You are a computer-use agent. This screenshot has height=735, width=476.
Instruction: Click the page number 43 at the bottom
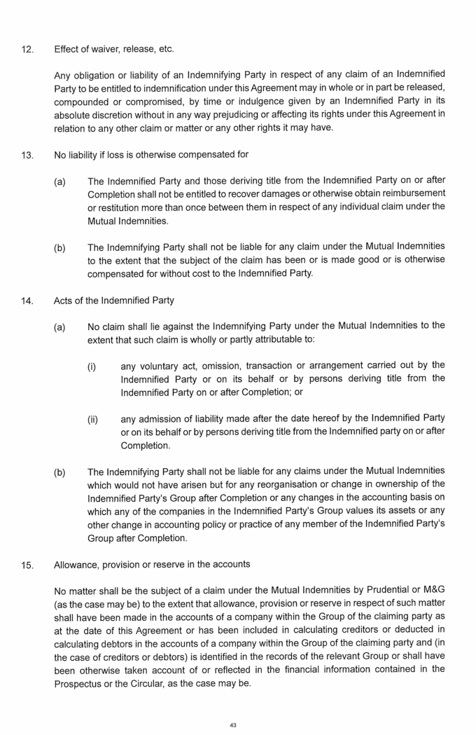pyautogui.click(x=233, y=725)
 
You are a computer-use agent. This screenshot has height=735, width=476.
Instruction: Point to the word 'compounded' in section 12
pyautogui.click(x=80, y=101)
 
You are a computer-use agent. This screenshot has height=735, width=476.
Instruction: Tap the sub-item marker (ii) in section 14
pyautogui.click(x=92, y=420)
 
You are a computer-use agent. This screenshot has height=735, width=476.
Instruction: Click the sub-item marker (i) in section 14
pyautogui.click(x=91, y=366)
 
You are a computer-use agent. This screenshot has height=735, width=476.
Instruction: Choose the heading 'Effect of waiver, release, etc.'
pyautogui.click(x=114, y=49)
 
